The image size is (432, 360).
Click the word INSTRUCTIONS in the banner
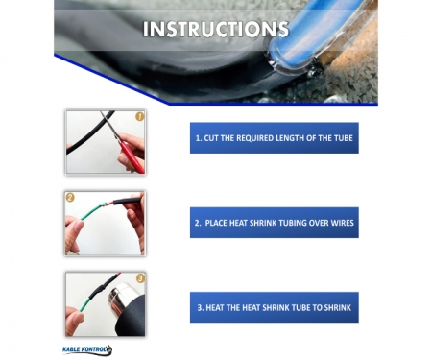point(216,30)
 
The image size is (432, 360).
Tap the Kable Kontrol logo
point(87,349)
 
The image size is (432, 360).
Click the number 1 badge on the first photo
point(140,116)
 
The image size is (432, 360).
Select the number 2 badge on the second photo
point(70,198)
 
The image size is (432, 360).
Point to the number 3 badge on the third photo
point(140,278)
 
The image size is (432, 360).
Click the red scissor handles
point(131,156)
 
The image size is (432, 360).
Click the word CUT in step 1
point(211,138)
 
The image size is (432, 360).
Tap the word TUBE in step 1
point(344,138)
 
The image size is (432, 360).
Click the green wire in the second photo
point(92,212)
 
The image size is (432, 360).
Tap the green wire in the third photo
point(85,303)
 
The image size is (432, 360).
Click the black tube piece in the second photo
point(127,202)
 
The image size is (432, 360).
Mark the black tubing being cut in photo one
point(90,132)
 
